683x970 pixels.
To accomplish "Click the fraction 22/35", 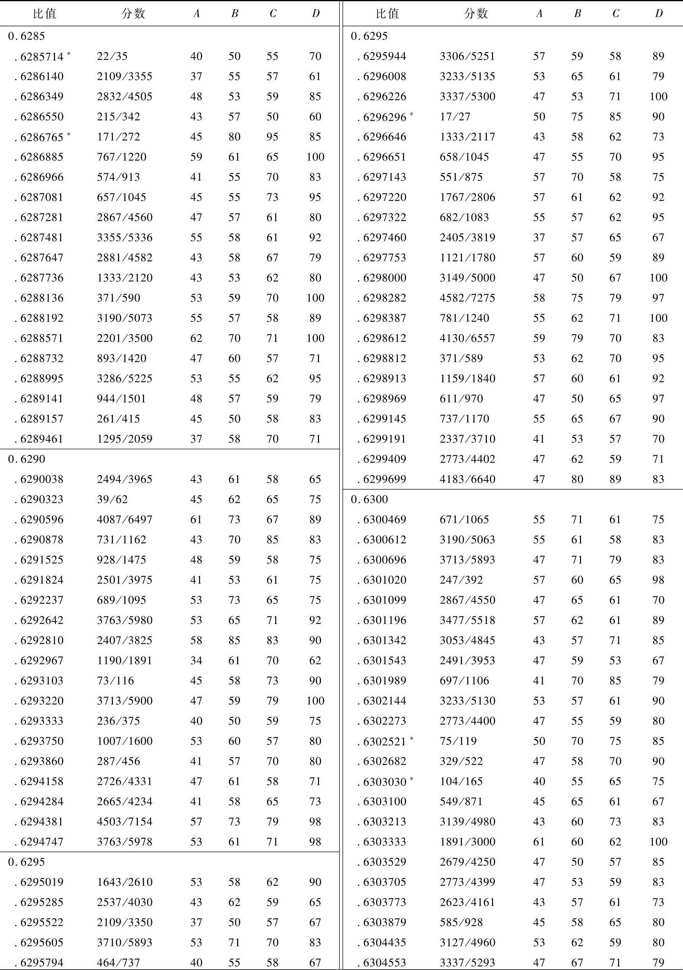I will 112,56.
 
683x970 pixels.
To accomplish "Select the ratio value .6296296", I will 384,117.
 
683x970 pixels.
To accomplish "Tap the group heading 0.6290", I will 26,459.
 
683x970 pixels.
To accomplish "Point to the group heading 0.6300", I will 369,499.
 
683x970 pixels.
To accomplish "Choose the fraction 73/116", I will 115,681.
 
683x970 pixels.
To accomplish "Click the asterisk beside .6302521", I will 411,738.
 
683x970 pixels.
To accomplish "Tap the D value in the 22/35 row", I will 315,56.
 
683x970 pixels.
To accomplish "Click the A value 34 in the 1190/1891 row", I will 196,660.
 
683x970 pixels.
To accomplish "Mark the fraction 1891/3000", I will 467,842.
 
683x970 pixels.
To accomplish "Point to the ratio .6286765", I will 42,137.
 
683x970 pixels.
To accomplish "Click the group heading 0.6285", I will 26,36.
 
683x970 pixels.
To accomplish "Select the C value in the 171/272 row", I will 272,137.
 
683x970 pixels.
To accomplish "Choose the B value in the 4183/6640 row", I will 577,479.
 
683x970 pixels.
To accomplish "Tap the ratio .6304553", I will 384,963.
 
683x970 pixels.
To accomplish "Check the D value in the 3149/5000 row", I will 658,278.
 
